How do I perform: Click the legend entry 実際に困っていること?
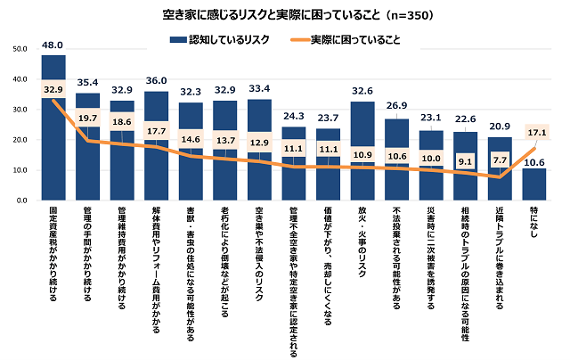pos(355,39)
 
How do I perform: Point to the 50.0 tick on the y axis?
pos(20,48)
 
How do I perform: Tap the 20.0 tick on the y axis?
pos(20,140)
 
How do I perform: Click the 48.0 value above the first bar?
pos(53,44)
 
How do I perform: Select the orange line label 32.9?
pos(53,89)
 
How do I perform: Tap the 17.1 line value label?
pos(533,131)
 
